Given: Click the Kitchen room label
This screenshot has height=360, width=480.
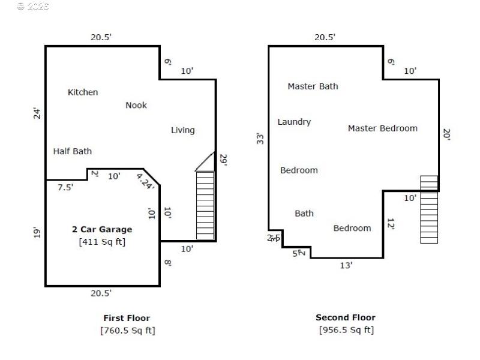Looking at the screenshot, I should click(83, 92).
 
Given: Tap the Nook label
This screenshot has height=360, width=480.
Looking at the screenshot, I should click(136, 106).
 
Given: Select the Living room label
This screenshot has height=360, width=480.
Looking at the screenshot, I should click(183, 130).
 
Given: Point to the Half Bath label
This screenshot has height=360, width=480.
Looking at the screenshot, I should click(73, 151).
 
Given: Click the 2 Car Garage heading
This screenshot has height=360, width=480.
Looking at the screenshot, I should click(102, 229).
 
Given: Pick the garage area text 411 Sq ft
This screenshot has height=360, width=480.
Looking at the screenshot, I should click(102, 242).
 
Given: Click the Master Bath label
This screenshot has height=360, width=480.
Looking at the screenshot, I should click(313, 86).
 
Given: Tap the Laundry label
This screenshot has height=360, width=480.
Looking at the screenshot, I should click(294, 122).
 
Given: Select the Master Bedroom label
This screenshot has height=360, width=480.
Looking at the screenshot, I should click(382, 128).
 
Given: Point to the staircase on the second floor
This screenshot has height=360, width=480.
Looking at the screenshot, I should click(429, 209).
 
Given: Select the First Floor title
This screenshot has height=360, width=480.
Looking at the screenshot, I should click(127, 318).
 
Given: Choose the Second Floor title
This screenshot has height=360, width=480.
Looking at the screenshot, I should click(346, 317).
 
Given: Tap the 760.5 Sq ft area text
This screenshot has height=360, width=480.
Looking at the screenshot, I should click(128, 330).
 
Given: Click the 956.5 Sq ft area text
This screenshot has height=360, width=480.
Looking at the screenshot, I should click(346, 330).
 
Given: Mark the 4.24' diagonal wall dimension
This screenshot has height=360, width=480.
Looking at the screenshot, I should click(145, 182).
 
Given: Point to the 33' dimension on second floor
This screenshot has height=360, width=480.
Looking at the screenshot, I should click(260, 139).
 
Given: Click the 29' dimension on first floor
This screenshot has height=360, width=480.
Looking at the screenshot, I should click(223, 160).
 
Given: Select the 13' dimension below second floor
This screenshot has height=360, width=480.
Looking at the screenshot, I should click(346, 265).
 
